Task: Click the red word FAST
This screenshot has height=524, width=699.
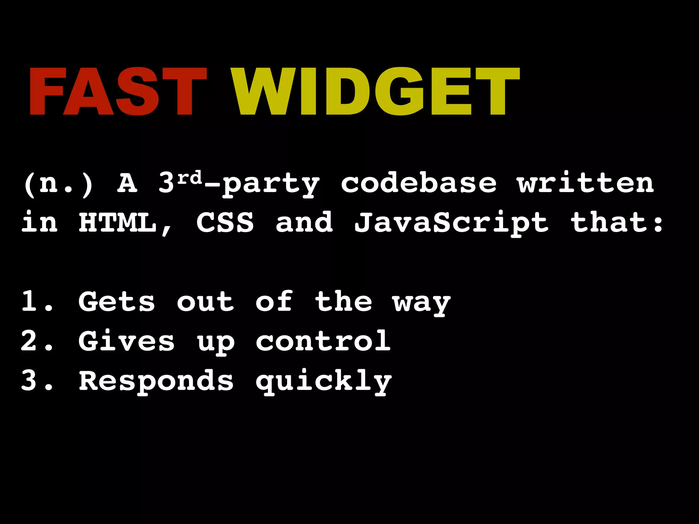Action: tap(118, 91)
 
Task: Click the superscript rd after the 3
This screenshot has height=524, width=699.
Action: tap(190, 177)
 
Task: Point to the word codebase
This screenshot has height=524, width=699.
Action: tap(418, 184)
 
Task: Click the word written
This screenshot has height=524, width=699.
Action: tap(585, 184)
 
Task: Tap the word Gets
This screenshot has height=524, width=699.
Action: tap(117, 302)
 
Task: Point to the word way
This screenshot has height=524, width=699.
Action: tap(422, 304)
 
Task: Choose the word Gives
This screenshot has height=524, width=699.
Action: tap(127, 341)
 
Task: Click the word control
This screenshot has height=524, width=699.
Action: tap(323, 341)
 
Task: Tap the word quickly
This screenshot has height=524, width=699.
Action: tap(324, 381)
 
